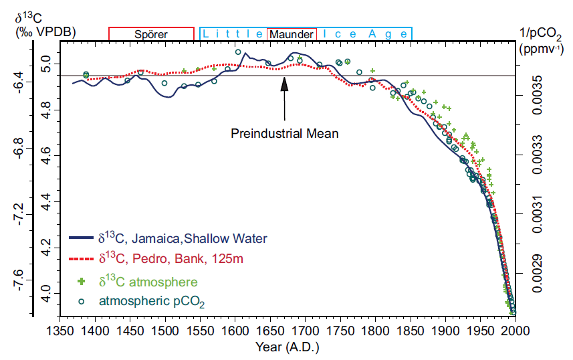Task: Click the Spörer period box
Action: (x=151, y=34)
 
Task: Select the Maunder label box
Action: (x=291, y=34)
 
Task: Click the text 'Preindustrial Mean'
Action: (x=285, y=132)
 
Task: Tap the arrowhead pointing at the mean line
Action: (x=285, y=84)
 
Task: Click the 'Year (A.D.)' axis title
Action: (x=288, y=348)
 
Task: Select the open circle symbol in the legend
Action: (x=83, y=302)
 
